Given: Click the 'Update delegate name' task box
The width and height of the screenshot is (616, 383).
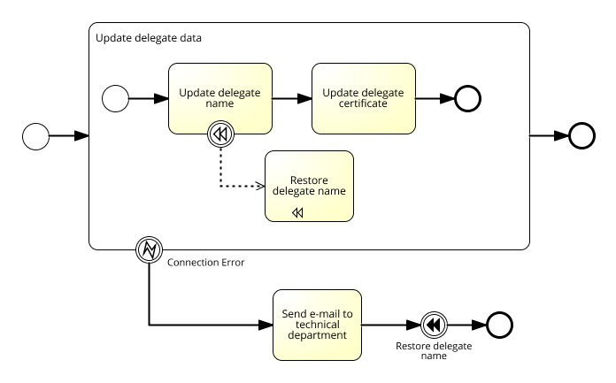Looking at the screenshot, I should pyautogui.click(x=220, y=97).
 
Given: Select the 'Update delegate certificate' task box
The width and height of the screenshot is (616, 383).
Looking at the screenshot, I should pyautogui.click(x=363, y=97).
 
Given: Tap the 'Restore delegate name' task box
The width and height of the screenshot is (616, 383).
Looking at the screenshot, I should pyautogui.click(x=309, y=186).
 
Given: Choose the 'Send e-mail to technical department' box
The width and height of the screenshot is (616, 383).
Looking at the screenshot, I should pyautogui.click(x=317, y=325).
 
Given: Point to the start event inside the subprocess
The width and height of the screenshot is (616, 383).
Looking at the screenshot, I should pyautogui.click(x=116, y=98).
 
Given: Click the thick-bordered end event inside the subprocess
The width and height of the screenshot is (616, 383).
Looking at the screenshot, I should pyautogui.click(x=467, y=98).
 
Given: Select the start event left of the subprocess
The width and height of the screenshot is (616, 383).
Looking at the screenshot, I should pyautogui.click(x=35, y=136).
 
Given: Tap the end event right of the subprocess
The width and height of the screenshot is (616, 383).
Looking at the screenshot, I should pyautogui.click(x=581, y=136).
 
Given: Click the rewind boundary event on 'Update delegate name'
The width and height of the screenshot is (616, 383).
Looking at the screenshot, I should pyautogui.click(x=219, y=134).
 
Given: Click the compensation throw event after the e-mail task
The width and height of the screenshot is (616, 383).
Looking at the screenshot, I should pyautogui.click(x=433, y=325).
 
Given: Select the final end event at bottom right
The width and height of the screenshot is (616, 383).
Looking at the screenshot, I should pyautogui.click(x=499, y=325).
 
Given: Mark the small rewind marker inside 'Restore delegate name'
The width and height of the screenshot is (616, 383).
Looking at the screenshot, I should pyautogui.click(x=298, y=213).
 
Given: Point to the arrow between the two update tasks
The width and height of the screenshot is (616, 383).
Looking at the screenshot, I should pyautogui.click(x=291, y=98).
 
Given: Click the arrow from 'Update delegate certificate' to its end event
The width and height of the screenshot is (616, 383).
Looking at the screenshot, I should pyautogui.click(x=435, y=98).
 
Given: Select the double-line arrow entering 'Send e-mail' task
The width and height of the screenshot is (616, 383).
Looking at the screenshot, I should pyautogui.click(x=212, y=325).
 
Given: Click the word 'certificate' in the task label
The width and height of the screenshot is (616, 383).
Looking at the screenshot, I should pyautogui.click(x=363, y=103).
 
